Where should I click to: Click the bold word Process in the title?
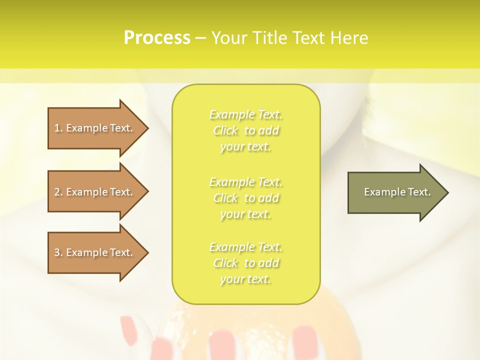click(157, 38)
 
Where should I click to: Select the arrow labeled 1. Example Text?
click(95, 128)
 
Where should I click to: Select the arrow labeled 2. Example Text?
click(95, 192)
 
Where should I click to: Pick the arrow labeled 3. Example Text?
click(95, 252)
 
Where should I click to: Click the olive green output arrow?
click(395, 192)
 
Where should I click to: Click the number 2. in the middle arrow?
click(58, 192)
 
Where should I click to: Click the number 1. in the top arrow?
click(58, 128)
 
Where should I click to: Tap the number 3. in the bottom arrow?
click(58, 252)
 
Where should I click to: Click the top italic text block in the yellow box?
click(246, 130)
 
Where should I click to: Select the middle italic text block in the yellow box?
click(246, 198)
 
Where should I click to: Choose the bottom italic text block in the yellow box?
click(246, 263)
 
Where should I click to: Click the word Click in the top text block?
click(226, 131)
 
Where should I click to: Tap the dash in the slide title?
click(201, 38)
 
